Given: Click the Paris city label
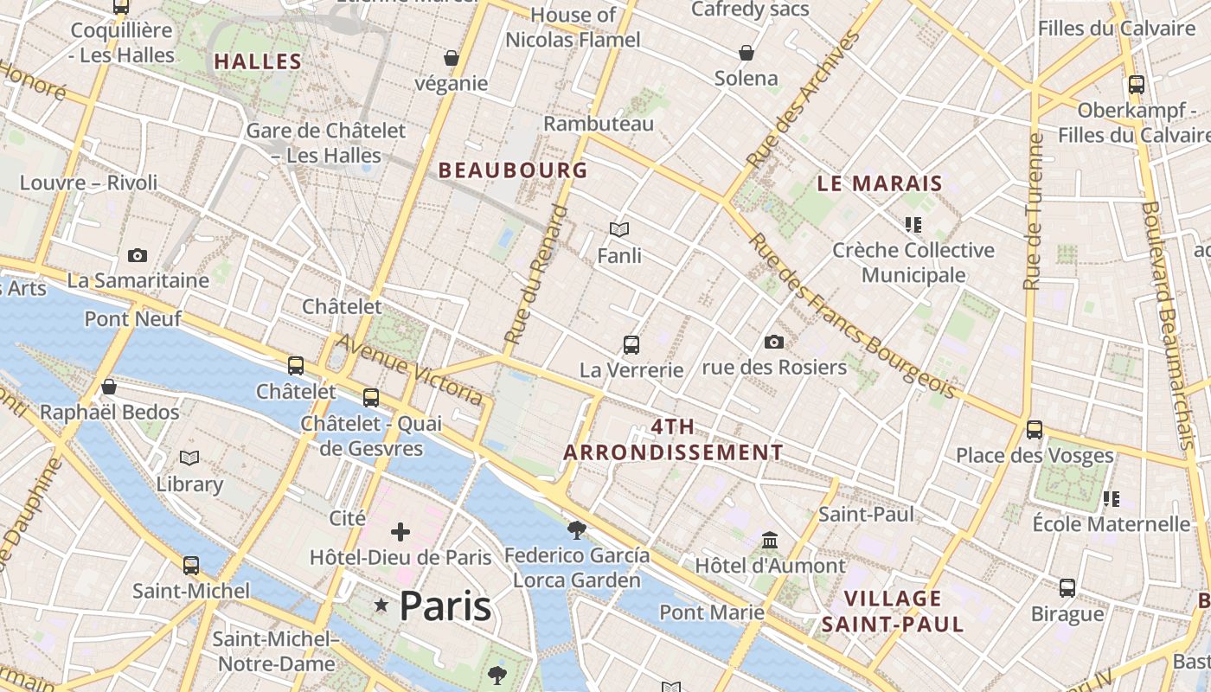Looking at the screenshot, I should point(445,605).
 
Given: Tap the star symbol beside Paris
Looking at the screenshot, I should point(381,605).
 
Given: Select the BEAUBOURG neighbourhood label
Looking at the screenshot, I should point(513,170).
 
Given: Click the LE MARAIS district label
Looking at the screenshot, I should point(880,183).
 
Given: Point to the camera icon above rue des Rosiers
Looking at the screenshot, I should point(774,343).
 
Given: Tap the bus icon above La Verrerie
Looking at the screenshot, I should point(631,345).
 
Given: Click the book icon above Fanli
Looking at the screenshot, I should point(619,230).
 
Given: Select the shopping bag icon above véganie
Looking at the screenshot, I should point(452,59).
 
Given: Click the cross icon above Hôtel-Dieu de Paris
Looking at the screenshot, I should point(400,531).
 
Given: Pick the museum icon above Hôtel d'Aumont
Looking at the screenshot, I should point(770,541).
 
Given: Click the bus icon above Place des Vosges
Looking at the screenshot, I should point(1035,429).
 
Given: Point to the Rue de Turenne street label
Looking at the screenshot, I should point(1034,212).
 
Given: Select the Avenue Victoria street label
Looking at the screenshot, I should point(409,369).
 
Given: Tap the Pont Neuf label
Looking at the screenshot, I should point(132,319).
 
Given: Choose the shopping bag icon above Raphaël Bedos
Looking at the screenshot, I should point(109,387).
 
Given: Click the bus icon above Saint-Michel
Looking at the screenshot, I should point(191,566).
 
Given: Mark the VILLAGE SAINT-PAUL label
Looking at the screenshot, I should point(893,611).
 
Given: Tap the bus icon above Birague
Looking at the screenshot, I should point(1067,588).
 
